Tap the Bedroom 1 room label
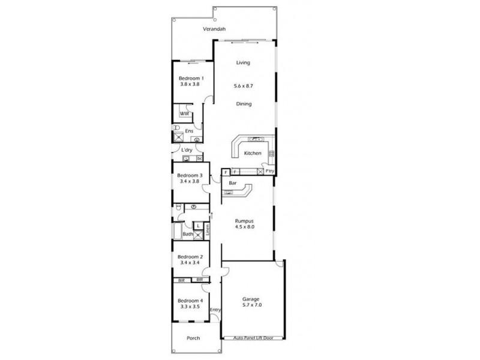[191, 77]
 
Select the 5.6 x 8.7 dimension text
[243, 86]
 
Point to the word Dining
[243, 104]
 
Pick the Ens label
[189, 131]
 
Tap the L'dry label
[187, 150]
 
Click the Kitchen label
[252, 154]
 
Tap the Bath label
[188, 234]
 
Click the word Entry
[215, 310]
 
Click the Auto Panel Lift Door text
[253, 338]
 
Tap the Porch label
[193, 338]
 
